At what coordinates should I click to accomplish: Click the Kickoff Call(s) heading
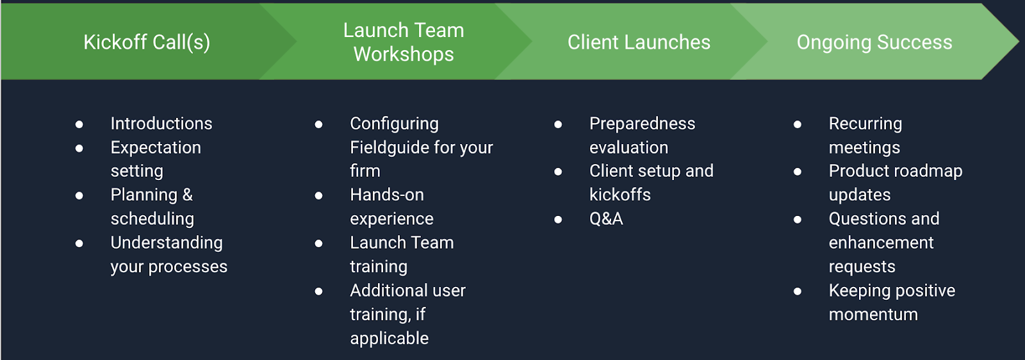[147, 42]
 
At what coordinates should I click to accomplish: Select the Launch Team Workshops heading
[404, 42]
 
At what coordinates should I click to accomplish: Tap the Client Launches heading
[639, 42]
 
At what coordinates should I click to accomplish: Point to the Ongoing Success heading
[874, 42]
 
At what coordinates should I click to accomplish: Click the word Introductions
[161, 124]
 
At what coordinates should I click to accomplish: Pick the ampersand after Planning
[188, 195]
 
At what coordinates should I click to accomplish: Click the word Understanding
[167, 243]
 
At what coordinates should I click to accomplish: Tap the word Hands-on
[387, 195]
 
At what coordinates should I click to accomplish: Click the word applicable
[389, 338]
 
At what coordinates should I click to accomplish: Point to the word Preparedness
[643, 124]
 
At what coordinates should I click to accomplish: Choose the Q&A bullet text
[606, 218]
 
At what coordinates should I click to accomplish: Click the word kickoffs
[620, 195]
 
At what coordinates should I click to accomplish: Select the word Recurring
[865, 124]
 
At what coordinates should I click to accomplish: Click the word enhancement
[881, 242]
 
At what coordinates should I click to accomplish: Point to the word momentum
[873, 315]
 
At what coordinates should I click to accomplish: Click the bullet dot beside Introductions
[79, 124]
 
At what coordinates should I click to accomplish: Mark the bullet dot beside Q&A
[558, 220]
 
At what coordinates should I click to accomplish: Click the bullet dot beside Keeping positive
[797, 291]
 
